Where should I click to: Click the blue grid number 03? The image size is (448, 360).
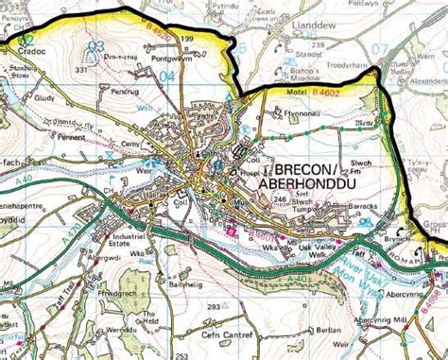(x=95, y=45)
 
